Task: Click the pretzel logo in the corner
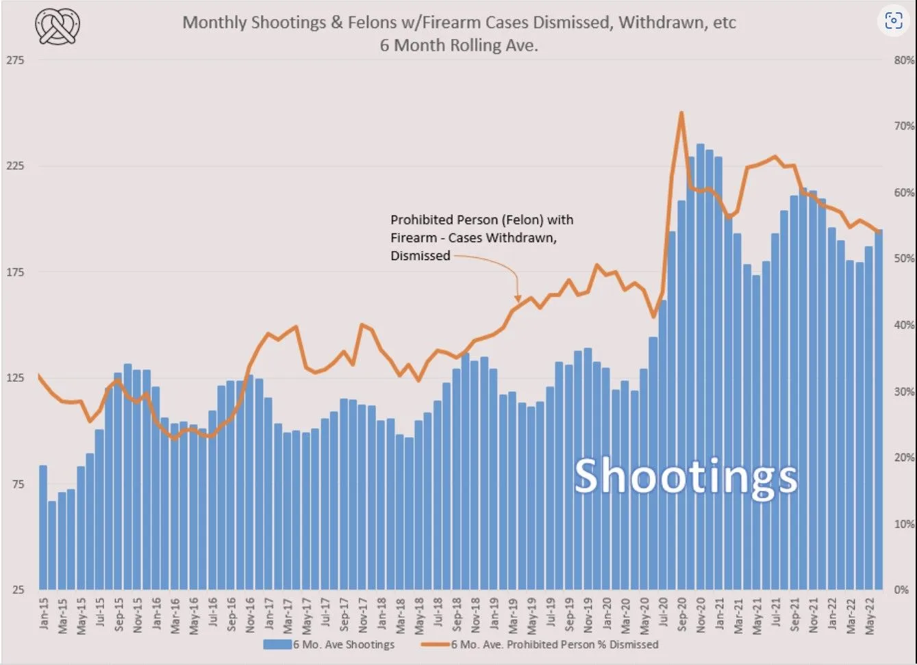[58, 27]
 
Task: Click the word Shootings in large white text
[686, 477]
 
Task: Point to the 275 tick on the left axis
[15, 60]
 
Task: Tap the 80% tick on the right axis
[903, 60]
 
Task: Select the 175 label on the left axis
[15, 272]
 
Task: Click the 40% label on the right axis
[903, 325]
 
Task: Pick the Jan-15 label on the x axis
[44, 614]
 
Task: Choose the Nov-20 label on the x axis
[701, 614]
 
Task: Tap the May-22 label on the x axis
[870, 614]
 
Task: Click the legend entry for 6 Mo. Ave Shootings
[329, 644]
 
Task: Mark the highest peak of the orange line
[681, 113]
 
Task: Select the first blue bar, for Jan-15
[43, 527]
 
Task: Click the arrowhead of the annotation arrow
[517, 298]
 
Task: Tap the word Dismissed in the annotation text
[420, 256]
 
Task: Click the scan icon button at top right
[894, 21]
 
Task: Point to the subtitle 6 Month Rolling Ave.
[459, 45]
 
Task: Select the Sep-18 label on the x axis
[457, 614]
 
